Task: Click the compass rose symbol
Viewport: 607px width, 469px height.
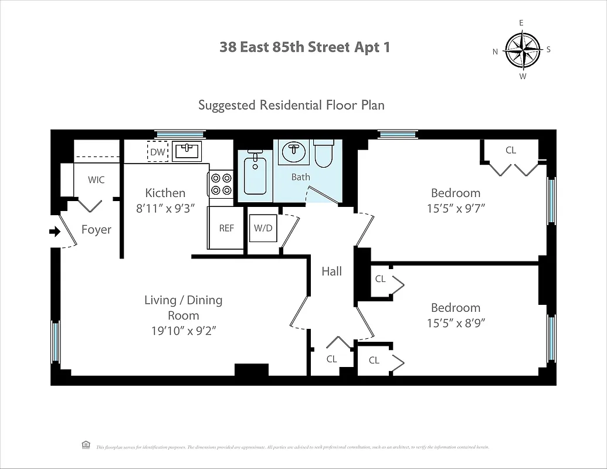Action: (x=522, y=50)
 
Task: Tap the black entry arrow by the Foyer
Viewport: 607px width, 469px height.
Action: (x=55, y=232)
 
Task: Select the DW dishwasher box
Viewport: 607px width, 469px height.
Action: (x=157, y=151)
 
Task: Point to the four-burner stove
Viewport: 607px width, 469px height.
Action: (x=221, y=183)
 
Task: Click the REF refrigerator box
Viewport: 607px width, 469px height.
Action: (x=226, y=228)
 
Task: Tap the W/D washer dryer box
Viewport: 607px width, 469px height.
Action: (x=263, y=228)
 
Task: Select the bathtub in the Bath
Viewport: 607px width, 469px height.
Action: (x=255, y=174)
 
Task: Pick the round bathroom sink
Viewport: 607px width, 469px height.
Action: (x=294, y=152)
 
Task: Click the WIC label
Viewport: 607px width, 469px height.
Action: (x=96, y=180)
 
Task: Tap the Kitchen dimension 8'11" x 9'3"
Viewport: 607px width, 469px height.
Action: (x=165, y=208)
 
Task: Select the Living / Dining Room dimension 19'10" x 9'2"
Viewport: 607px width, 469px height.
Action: (x=184, y=330)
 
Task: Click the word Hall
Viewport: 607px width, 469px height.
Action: (x=331, y=271)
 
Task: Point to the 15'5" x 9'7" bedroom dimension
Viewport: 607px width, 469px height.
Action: (x=455, y=208)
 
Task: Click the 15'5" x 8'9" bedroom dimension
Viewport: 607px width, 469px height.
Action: (x=455, y=322)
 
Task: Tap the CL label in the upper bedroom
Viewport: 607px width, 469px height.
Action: (x=510, y=150)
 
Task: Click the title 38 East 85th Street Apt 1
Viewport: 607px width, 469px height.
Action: (x=304, y=47)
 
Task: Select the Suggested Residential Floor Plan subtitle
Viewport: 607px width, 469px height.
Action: (x=291, y=105)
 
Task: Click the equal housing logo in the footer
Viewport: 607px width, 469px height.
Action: (x=86, y=445)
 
